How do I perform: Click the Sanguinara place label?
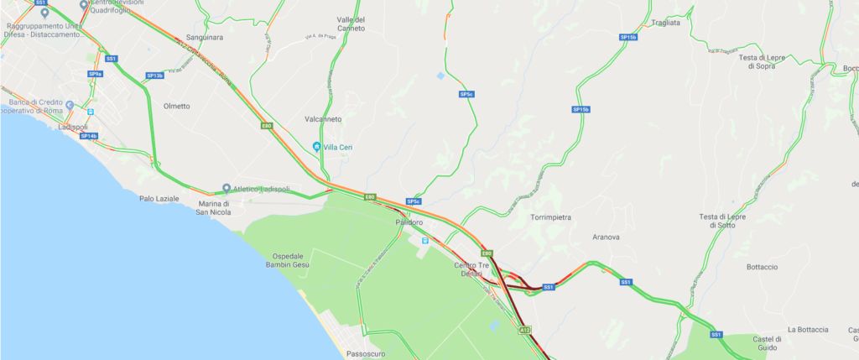pyautogui.click(x=204, y=38)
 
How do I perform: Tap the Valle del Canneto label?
pyautogui.click(x=350, y=23)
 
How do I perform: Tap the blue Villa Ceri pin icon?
pyautogui.click(x=316, y=147)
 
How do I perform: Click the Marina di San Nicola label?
pyautogui.click(x=220, y=207)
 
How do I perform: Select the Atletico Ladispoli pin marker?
pyautogui.click(x=226, y=188)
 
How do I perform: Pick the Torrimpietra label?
pyautogui.click(x=550, y=217)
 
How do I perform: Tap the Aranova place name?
pyautogui.click(x=606, y=237)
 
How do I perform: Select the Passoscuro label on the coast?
pyautogui.click(x=366, y=355)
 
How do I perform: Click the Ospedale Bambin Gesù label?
pyautogui.click(x=293, y=260)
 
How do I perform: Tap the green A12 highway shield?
pyautogui.click(x=526, y=331)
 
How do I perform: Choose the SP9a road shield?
pyautogui.click(x=95, y=74)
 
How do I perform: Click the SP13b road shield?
pyautogui.click(x=154, y=76)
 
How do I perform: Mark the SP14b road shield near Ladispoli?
pyautogui.click(x=89, y=136)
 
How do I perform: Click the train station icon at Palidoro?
pyautogui.click(x=424, y=240)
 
